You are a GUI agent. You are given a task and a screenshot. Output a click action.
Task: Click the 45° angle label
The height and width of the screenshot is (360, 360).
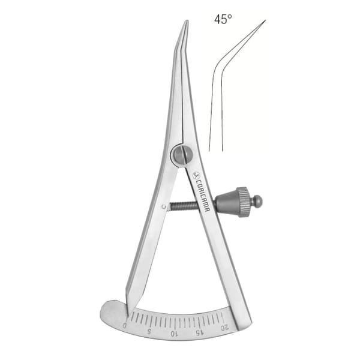pos(223,19)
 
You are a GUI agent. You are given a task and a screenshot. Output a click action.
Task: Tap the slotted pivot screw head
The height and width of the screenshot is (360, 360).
pos(183,154)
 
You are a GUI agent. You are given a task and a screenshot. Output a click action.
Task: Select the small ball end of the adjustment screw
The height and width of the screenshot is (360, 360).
pos(258,202)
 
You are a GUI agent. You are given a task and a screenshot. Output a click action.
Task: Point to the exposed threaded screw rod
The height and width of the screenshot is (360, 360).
pos(184,205)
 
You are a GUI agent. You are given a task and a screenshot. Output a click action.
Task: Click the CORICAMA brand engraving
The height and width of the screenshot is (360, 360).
pos(203,194)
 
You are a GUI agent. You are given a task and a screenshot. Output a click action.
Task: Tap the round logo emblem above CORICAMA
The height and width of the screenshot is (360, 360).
pos(196,176)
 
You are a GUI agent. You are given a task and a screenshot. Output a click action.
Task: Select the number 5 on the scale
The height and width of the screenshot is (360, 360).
pos(149,331)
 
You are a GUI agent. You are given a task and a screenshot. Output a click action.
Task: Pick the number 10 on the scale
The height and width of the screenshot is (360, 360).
pos(173,334)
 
